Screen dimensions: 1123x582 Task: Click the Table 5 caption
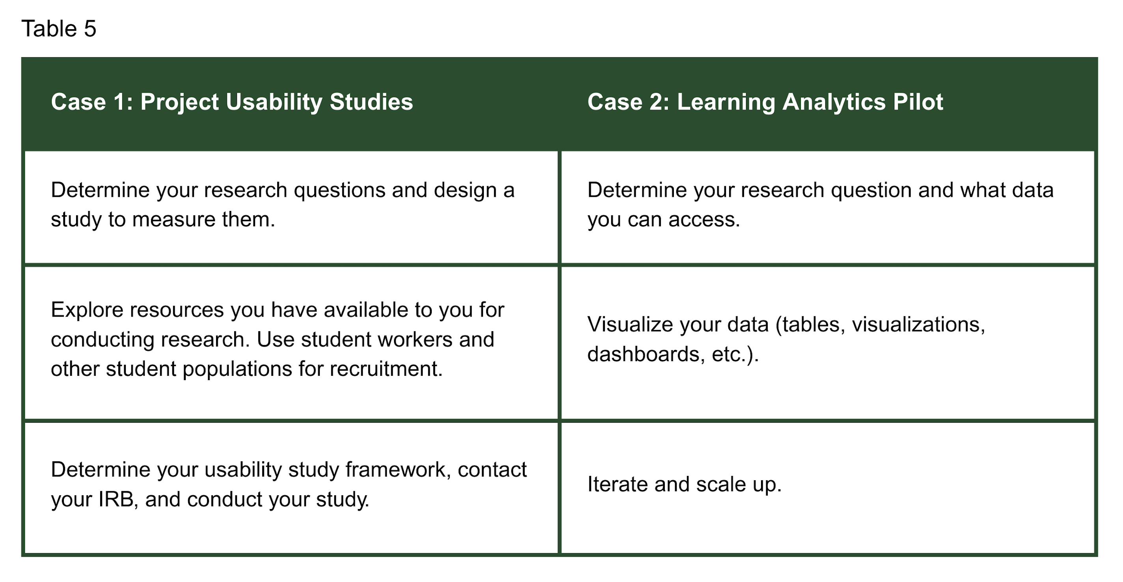tap(59, 29)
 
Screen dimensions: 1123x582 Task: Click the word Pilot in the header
tap(918, 102)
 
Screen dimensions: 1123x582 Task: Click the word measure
tap(173, 219)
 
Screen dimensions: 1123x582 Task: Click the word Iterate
tap(618, 484)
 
